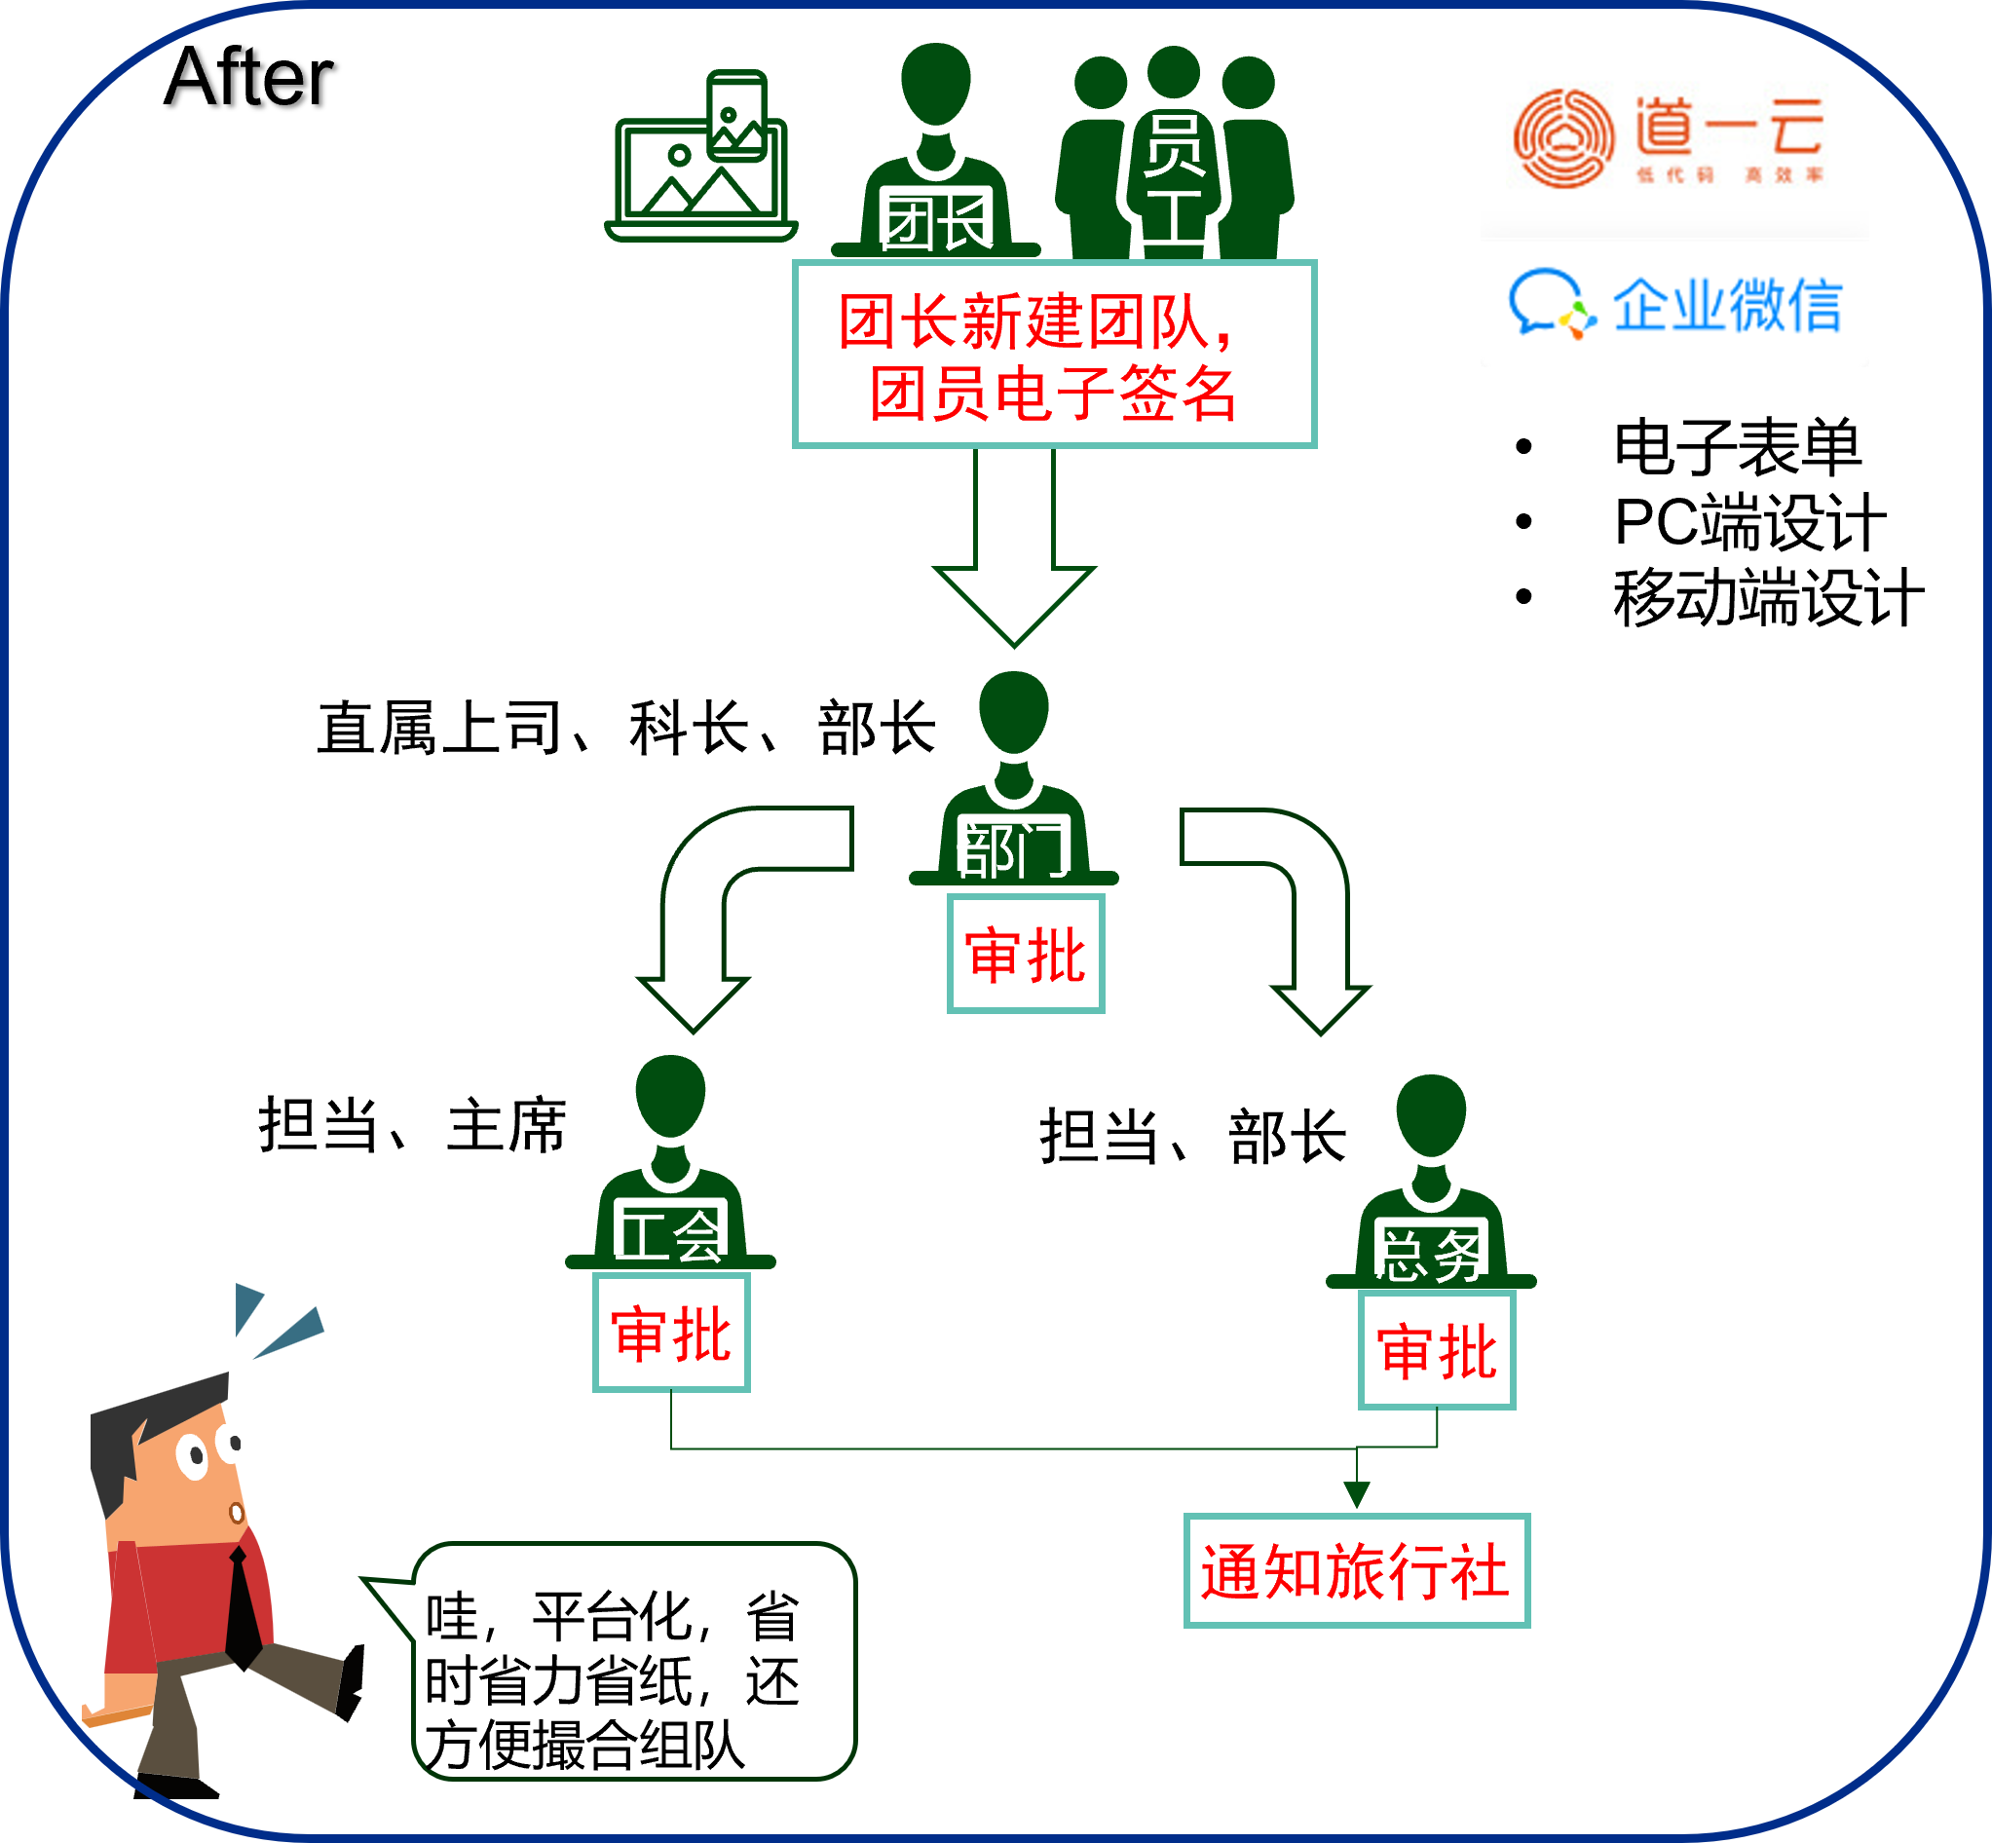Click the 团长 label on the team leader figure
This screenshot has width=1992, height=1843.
coord(936,224)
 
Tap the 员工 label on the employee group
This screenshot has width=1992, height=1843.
coord(1174,179)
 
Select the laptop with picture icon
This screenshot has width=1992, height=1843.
coord(700,160)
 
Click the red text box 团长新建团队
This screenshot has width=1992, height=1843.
coord(1054,355)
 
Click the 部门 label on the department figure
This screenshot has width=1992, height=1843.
coord(1012,850)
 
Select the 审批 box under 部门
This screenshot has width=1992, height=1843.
coord(1026,955)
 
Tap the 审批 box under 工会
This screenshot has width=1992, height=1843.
coord(671,1334)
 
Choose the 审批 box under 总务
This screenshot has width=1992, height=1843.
coord(1437,1351)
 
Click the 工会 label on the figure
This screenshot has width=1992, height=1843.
coord(670,1237)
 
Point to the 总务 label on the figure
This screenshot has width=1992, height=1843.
coord(1431,1255)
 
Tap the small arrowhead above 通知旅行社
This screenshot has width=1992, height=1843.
coord(1357,1494)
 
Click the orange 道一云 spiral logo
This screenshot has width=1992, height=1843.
coord(1563,138)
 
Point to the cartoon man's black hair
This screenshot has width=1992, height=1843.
coord(130,1426)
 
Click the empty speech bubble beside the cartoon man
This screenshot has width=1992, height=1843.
coord(634,1661)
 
